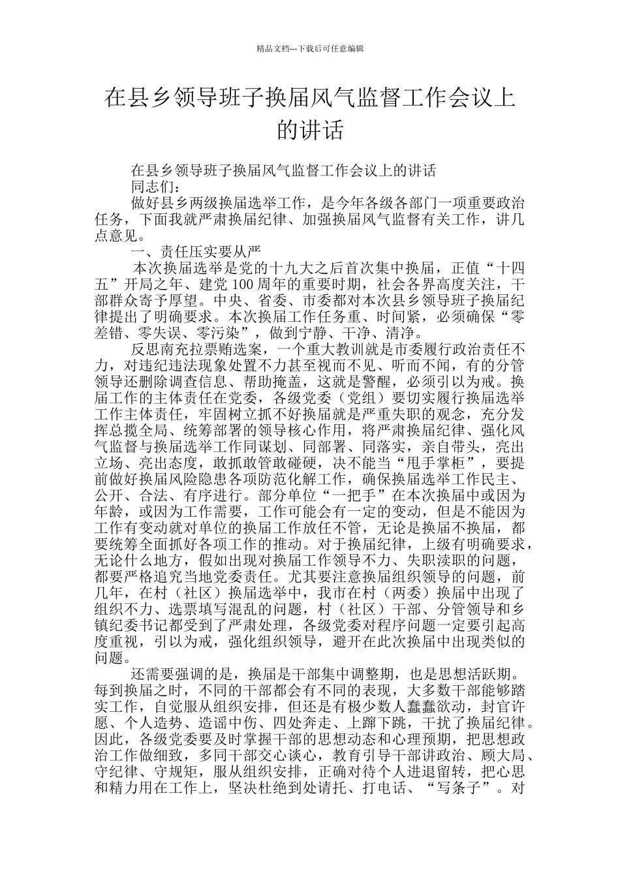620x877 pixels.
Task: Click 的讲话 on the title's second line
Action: [x=310, y=130]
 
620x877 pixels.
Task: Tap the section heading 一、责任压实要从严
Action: [x=196, y=251]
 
